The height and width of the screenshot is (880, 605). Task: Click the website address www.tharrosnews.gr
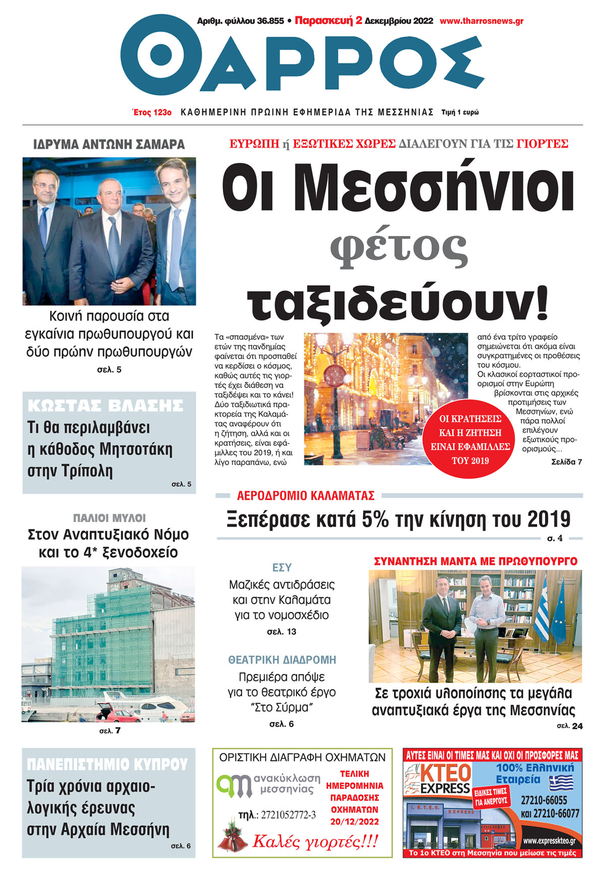pyautogui.click(x=481, y=21)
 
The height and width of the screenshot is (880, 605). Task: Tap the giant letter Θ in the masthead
pyautogui.click(x=160, y=55)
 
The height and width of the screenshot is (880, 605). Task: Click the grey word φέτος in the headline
pyautogui.click(x=398, y=248)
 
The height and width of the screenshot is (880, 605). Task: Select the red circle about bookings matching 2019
pyautogui.click(x=470, y=439)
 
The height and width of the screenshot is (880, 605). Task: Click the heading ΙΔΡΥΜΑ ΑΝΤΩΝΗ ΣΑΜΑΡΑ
pyautogui.click(x=109, y=145)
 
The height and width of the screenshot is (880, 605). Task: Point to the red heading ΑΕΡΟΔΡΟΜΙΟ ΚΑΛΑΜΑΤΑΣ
pyautogui.click(x=306, y=496)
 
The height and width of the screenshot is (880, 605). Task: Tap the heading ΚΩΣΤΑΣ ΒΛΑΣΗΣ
pyautogui.click(x=105, y=405)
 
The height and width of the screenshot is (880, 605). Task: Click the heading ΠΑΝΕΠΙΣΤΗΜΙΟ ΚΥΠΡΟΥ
pyautogui.click(x=107, y=765)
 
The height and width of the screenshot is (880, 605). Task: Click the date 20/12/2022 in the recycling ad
pyautogui.click(x=354, y=822)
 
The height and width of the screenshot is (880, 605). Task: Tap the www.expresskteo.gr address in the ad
pyautogui.click(x=549, y=841)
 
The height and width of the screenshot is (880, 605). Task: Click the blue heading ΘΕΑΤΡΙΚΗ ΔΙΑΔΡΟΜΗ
pyautogui.click(x=282, y=660)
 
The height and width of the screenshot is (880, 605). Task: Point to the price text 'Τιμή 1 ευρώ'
pyautogui.click(x=460, y=112)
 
